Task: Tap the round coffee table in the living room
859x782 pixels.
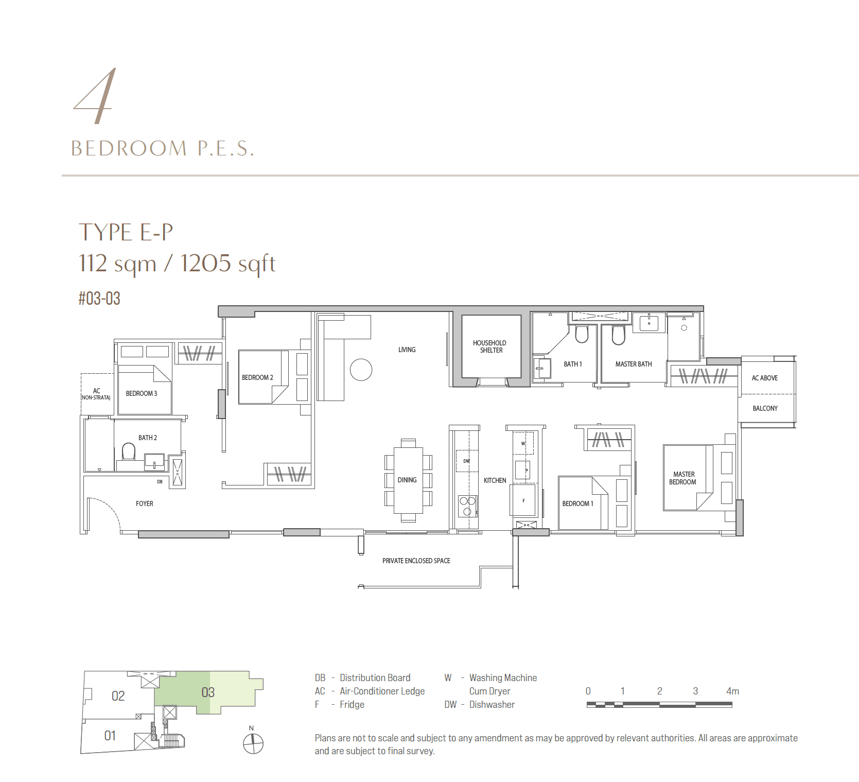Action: click(x=361, y=369)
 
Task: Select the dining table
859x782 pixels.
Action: click(x=408, y=480)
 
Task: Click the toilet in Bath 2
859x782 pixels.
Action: click(x=128, y=451)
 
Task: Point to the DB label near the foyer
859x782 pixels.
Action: click(x=160, y=482)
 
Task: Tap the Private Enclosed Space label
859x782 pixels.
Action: click(x=416, y=561)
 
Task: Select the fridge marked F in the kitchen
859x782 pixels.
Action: click(x=523, y=500)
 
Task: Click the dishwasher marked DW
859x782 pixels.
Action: click(x=466, y=461)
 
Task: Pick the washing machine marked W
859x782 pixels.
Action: click(x=523, y=443)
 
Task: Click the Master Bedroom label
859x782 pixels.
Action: click(x=683, y=478)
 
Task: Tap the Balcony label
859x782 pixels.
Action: click(x=765, y=408)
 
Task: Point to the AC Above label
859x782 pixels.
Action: click(x=764, y=378)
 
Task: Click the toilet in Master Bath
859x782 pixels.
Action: click(x=618, y=335)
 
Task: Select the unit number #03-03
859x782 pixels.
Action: click(x=99, y=299)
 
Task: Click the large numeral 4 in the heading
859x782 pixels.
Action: click(x=97, y=96)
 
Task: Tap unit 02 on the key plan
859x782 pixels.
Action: click(x=118, y=696)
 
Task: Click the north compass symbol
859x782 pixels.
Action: click(x=253, y=743)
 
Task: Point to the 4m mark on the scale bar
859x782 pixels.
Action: click(x=732, y=691)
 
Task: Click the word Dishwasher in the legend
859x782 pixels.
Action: click(x=492, y=705)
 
